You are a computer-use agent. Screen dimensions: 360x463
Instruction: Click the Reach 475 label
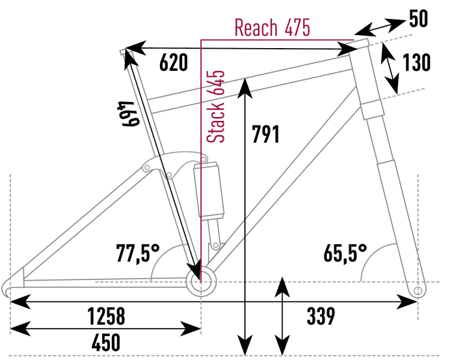pyautogui.click(x=272, y=28)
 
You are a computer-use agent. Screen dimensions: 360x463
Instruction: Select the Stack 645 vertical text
pyautogui.click(x=216, y=106)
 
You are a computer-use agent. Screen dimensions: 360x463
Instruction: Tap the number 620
pyautogui.click(x=174, y=63)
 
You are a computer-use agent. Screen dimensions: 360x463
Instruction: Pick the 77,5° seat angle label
pyautogui.click(x=138, y=252)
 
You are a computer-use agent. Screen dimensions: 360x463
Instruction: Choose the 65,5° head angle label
pyautogui.click(x=345, y=252)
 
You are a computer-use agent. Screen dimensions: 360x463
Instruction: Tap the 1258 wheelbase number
pyautogui.click(x=107, y=317)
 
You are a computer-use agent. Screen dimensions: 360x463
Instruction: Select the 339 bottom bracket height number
pyautogui.click(x=321, y=317)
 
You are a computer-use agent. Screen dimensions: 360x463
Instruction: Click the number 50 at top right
pyautogui.click(x=419, y=19)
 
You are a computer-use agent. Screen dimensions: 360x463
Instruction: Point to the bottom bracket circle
pyautogui.click(x=199, y=281)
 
